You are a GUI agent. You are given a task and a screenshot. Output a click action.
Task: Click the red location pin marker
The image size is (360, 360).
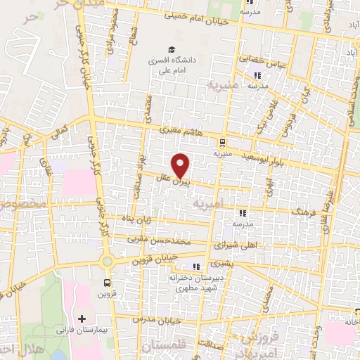181,165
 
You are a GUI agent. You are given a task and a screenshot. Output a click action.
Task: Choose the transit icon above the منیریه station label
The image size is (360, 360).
223,140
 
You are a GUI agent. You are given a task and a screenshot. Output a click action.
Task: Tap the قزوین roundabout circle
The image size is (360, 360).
107,262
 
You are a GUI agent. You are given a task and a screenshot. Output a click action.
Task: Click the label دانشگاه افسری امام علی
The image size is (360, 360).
171,65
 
